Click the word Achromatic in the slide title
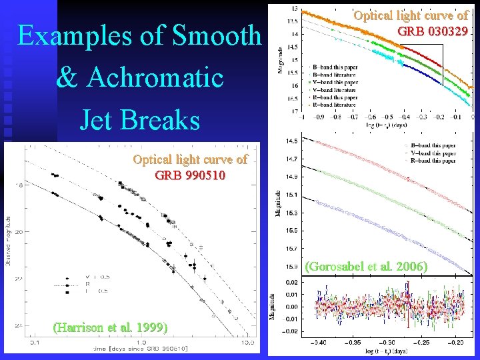tap(140, 77)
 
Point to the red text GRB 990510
tap(190, 176)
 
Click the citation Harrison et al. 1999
tap(110, 327)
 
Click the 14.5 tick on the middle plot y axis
tap(291, 141)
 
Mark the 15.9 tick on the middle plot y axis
tap(291, 267)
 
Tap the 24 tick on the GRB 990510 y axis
tap(19, 324)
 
